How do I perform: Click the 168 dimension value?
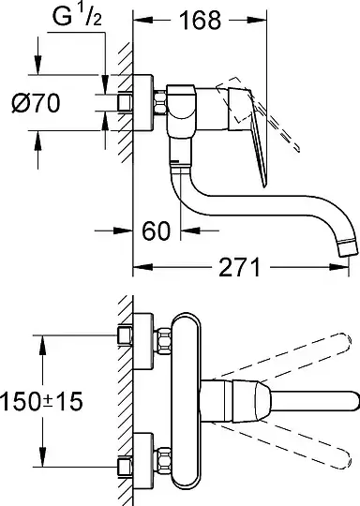click(x=201, y=20)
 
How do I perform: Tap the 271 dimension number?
click(x=239, y=267)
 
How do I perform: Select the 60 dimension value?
click(x=156, y=231)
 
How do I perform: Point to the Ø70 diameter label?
click(x=36, y=103)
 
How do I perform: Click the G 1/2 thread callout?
click(x=78, y=17)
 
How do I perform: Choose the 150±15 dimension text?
click(x=41, y=401)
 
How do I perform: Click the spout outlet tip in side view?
click(x=348, y=248)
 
